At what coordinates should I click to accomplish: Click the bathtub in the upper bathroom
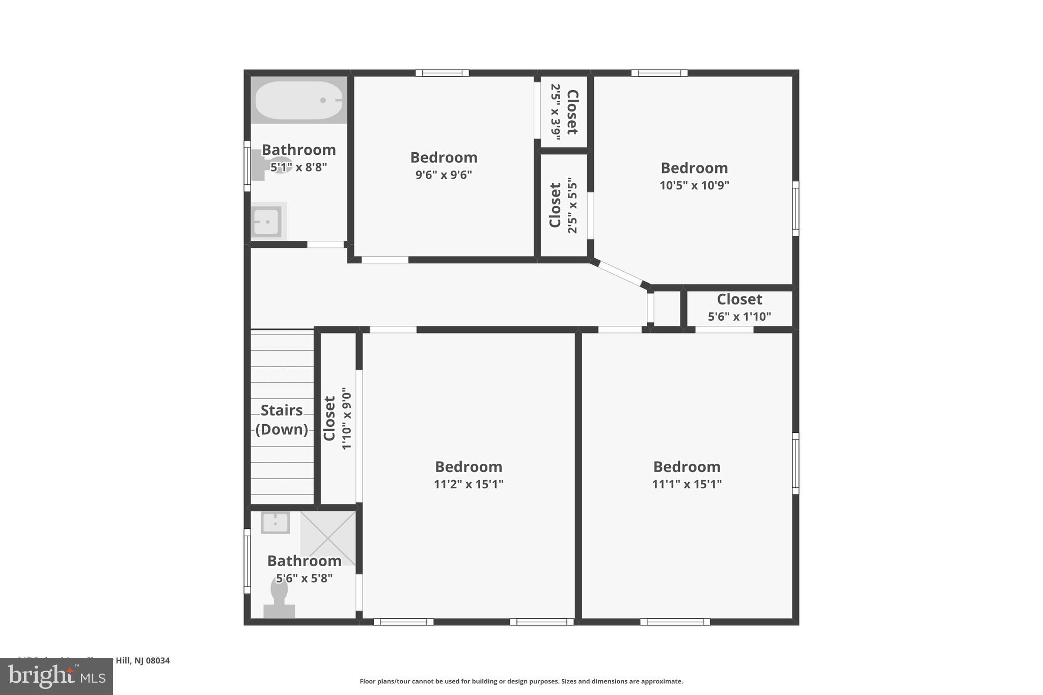point(298,100)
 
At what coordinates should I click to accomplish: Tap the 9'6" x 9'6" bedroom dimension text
point(444,175)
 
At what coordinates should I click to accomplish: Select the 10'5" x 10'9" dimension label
point(694,185)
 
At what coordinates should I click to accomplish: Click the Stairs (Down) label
point(282,420)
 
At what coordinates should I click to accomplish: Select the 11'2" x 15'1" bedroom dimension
point(469,484)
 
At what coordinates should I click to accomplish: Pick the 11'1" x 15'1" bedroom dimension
point(687,484)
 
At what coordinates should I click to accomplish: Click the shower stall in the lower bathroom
point(328,538)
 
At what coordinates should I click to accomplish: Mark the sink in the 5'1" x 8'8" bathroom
point(266,221)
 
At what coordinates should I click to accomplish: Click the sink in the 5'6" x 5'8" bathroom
point(275,522)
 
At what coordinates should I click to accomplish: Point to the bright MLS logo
point(57,677)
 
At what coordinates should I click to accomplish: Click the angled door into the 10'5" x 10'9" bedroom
point(620,273)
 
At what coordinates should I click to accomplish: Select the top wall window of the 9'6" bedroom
point(442,73)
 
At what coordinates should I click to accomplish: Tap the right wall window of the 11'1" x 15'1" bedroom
point(795,463)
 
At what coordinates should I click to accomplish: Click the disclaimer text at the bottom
point(521,681)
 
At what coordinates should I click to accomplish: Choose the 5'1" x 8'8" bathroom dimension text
point(298,168)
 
